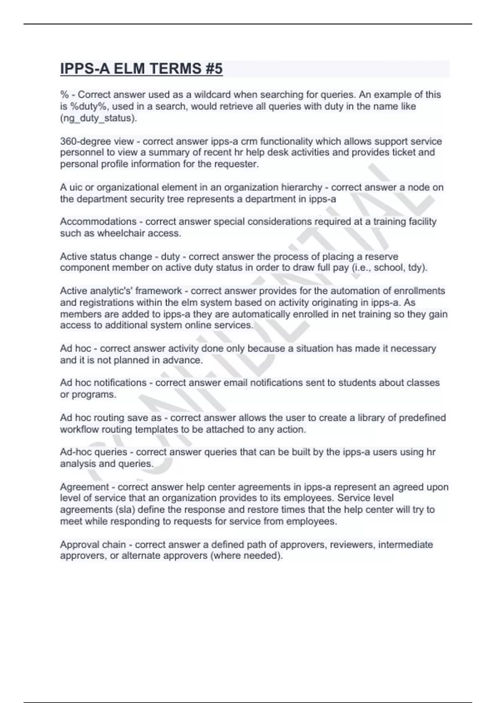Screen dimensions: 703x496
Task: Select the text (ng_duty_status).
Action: [98, 118]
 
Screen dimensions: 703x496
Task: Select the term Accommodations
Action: [98, 222]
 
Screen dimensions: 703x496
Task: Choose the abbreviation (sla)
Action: [119, 509]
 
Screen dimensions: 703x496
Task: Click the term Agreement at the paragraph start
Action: [85, 487]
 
